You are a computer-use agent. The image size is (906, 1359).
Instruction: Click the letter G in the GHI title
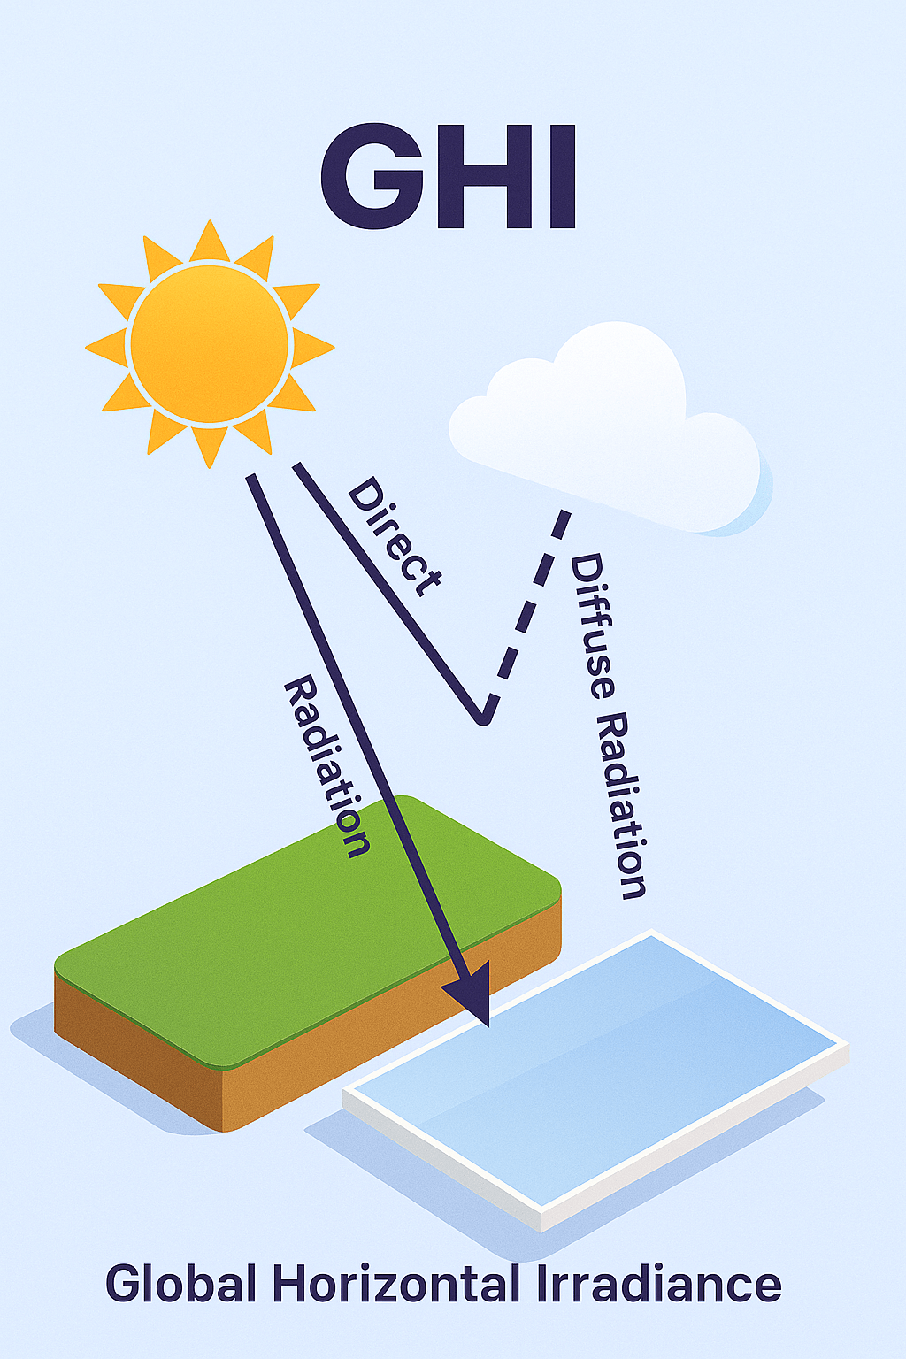[x=371, y=178]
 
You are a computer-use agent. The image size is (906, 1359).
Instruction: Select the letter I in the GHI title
[x=562, y=178]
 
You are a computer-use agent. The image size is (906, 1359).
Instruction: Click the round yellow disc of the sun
[x=210, y=343]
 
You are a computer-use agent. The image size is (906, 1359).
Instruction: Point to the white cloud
[x=610, y=425]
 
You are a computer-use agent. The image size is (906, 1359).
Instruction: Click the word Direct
[x=394, y=536]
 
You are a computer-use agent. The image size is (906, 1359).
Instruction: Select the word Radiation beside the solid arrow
[x=326, y=766]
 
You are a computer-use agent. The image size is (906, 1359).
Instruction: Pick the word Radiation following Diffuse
[x=624, y=805]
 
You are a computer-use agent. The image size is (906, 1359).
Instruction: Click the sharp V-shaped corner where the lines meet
[x=483, y=718]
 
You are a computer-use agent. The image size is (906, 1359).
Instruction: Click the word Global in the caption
[x=181, y=1284]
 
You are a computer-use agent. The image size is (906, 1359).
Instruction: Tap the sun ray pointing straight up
[x=210, y=242]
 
